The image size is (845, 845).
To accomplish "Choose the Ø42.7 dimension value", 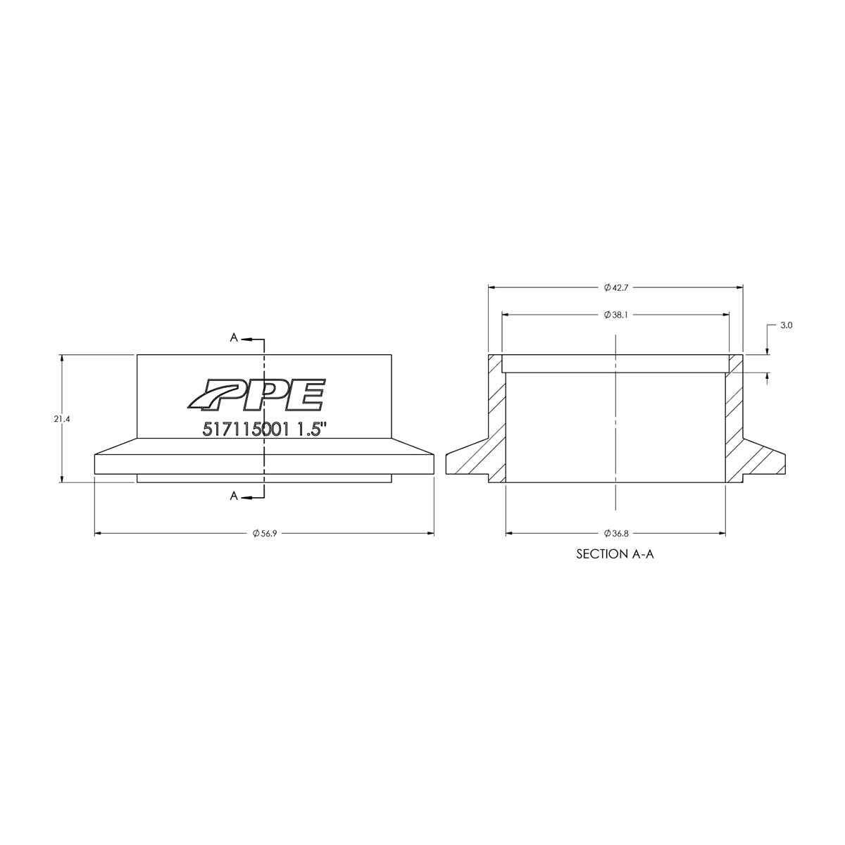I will tap(616, 287).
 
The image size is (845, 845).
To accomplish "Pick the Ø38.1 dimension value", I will tap(616, 314).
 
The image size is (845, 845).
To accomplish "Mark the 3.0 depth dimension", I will tap(787, 326).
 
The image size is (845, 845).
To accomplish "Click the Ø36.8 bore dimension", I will tap(616, 534).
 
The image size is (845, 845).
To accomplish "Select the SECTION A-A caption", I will tap(615, 554).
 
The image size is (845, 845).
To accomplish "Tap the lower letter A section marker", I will tap(233, 497).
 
